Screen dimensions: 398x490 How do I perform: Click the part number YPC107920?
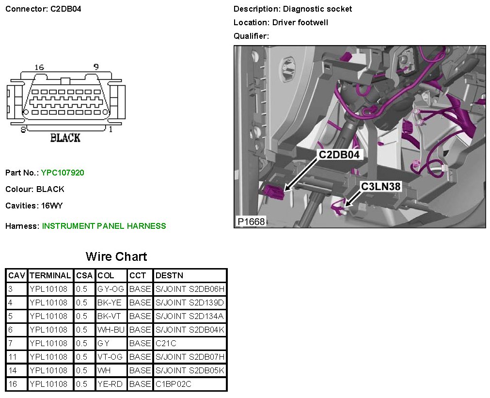(63, 173)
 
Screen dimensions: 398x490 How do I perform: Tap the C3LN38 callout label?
(381, 186)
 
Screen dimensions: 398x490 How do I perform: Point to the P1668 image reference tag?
(251, 221)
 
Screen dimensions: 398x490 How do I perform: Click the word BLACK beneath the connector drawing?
(65, 138)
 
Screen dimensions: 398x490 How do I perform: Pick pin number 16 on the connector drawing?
(39, 67)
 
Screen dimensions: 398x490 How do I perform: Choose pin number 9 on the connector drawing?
(96, 67)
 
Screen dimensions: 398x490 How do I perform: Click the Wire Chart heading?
(116, 256)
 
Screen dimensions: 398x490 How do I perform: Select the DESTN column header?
(169, 275)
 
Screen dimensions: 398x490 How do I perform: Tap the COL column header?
(106, 275)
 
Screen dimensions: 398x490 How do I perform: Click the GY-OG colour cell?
(111, 289)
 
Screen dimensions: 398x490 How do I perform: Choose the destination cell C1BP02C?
(172, 384)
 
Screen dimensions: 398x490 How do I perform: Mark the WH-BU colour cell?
(111, 330)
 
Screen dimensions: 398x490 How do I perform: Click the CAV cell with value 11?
(12, 357)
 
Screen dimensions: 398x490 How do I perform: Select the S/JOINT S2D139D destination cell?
(190, 302)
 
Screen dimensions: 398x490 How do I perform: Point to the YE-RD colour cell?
(110, 384)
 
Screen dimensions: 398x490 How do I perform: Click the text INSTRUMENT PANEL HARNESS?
(104, 226)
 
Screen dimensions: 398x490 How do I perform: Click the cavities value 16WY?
(52, 206)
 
